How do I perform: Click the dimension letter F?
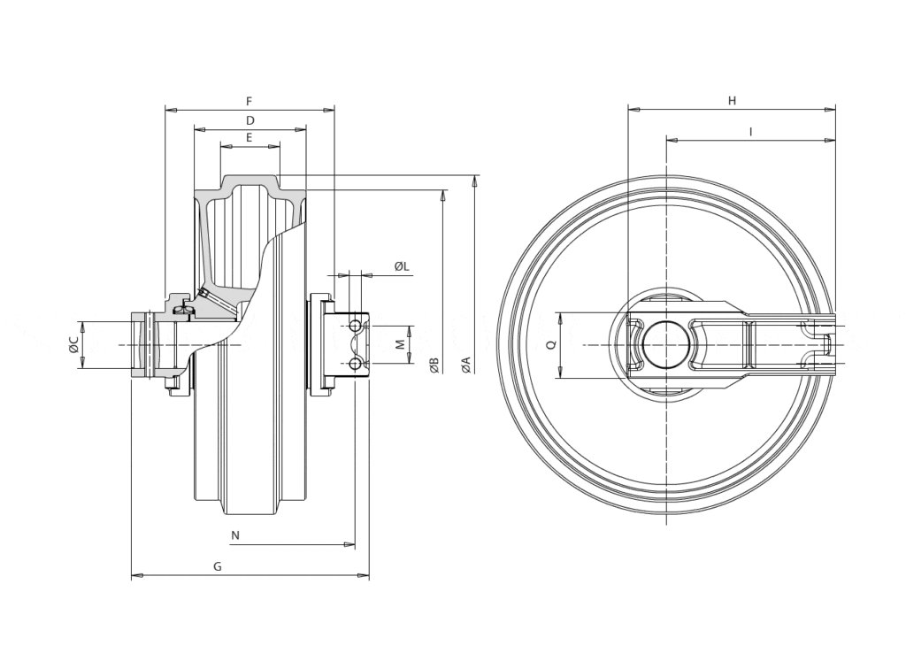click(249, 101)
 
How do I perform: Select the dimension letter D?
click(250, 120)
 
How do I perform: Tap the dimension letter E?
click(250, 138)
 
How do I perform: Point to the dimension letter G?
click(218, 566)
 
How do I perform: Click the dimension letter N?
click(234, 535)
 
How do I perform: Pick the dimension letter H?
click(732, 101)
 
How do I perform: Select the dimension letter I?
click(750, 132)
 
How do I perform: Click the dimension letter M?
click(399, 344)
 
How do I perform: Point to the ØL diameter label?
click(401, 266)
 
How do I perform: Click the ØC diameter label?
click(74, 344)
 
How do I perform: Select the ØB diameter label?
click(434, 364)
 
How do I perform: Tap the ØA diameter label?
click(466, 364)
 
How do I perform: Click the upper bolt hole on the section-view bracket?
click(355, 327)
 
